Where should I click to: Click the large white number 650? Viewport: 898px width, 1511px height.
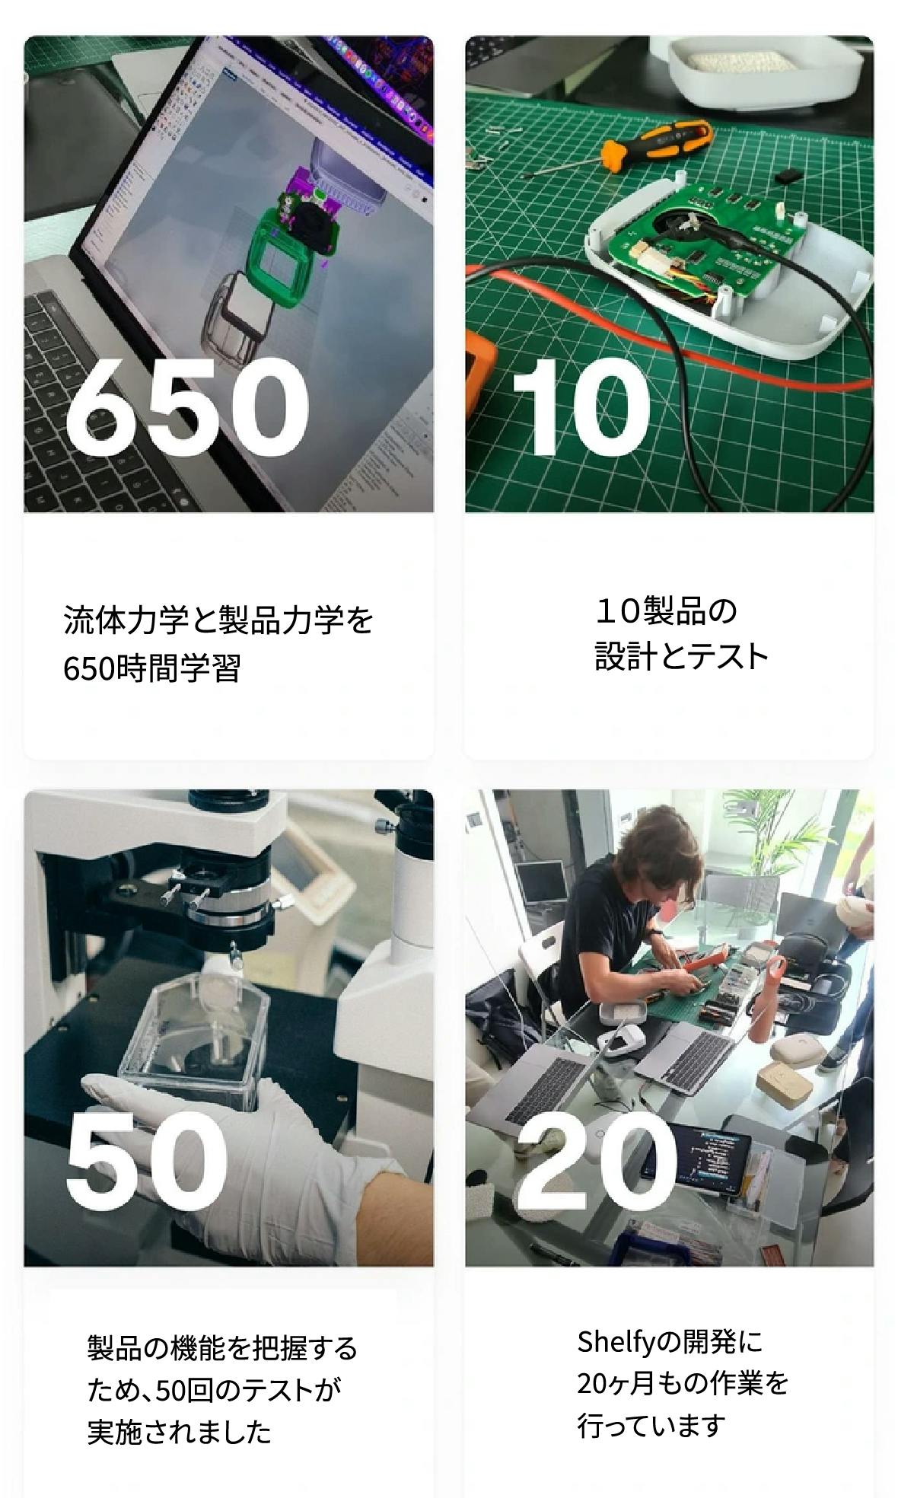click(x=187, y=407)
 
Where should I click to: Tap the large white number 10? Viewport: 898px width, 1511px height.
click(x=581, y=407)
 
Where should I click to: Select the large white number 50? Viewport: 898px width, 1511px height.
click(x=147, y=1162)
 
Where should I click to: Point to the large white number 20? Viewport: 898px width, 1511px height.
click(x=596, y=1162)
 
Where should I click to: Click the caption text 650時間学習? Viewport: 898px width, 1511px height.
click(x=152, y=669)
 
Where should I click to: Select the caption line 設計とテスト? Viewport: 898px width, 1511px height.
click(x=681, y=656)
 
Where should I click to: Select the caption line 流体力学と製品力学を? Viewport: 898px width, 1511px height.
click(x=219, y=620)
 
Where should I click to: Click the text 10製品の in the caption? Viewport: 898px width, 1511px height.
click(x=666, y=610)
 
